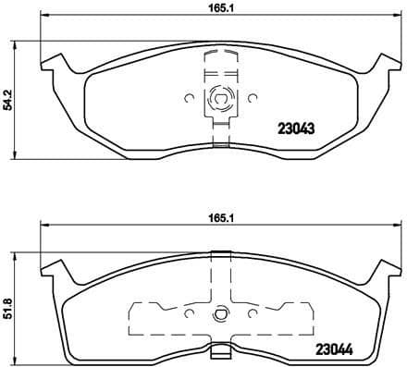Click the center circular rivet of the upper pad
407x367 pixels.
coord(220,97)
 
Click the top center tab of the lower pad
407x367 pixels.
coord(220,254)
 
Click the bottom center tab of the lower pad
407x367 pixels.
coord(220,350)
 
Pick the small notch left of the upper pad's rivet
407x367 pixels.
coord(188,97)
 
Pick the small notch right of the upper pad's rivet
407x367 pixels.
coord(252,97)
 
